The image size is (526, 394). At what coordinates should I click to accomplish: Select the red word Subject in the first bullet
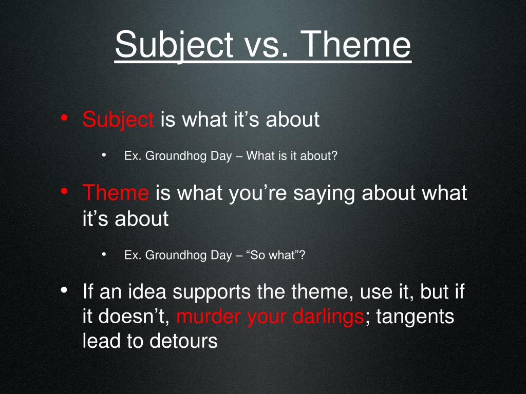pyautogui.click(x=118, y=120)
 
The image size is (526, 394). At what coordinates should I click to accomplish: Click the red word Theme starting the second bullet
pyautogui.click(x=116, y=193)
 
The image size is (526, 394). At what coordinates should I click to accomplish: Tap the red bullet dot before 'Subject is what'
pyautogui.click(x=64, y=119)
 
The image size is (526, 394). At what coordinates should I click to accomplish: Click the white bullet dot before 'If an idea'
pyautogui.click(x=64, y=291)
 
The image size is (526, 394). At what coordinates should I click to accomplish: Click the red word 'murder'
pyautogui.click(x=209, y=317)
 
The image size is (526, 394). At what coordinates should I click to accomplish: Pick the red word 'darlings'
pyautogui.click(x=328, y=317)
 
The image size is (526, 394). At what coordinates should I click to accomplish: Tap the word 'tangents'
pyautogui.click(x=415, y=317)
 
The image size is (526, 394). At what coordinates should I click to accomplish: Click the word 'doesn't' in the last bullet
pyautogui.click(x=135, y=317)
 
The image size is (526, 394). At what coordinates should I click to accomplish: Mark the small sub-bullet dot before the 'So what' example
pyautogui.click(x=104, y=254)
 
